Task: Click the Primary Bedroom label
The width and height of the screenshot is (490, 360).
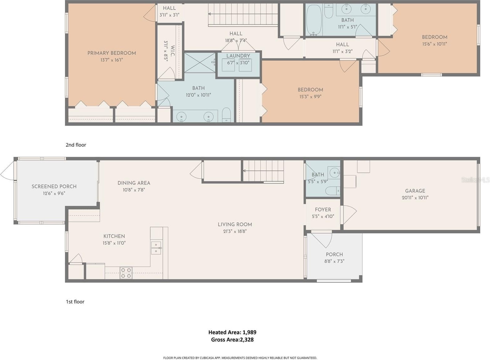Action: [111, 53]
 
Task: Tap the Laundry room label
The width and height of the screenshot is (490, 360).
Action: [238, 56]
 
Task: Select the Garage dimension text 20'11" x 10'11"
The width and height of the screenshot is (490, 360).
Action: [415, 198]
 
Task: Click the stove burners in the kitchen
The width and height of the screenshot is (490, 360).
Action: [126, 273]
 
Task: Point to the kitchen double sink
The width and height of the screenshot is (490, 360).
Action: [156, 248]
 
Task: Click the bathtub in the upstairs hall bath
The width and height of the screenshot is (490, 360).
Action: [314, 20]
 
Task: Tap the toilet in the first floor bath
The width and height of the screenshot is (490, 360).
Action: [333, 191]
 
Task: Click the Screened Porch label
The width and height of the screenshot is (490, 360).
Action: [54, 186]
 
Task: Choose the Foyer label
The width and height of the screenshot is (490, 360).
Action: [323, 210]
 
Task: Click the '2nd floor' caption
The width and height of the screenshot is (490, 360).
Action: [76, 145]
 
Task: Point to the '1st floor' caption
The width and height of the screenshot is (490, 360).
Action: [75, 302]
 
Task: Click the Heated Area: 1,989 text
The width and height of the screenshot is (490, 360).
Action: [232, 332]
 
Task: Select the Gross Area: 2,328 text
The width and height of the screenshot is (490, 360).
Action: [232, 340]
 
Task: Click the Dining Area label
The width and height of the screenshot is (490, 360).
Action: [134, 183]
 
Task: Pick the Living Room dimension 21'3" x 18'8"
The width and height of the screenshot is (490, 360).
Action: [235, 231]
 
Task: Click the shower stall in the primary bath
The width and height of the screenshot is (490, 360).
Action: [200, 63]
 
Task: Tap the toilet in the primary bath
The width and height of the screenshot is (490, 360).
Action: [226, 115]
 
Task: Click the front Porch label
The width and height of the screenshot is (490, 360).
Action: [334, 254]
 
